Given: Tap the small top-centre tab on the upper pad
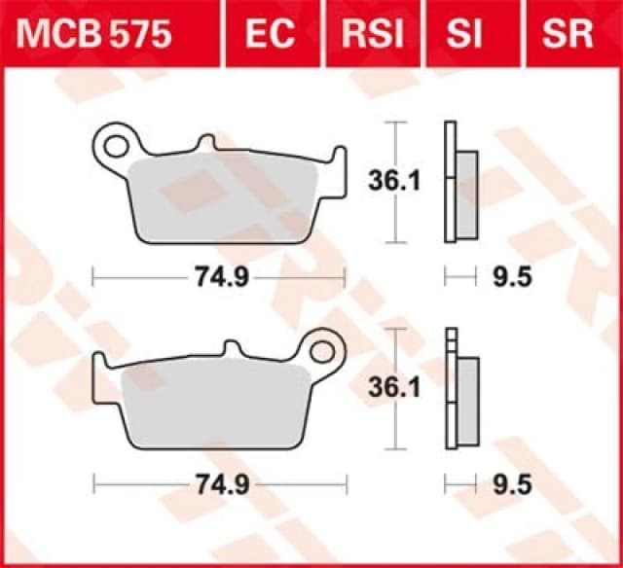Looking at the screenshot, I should click(x=205, y=144).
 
